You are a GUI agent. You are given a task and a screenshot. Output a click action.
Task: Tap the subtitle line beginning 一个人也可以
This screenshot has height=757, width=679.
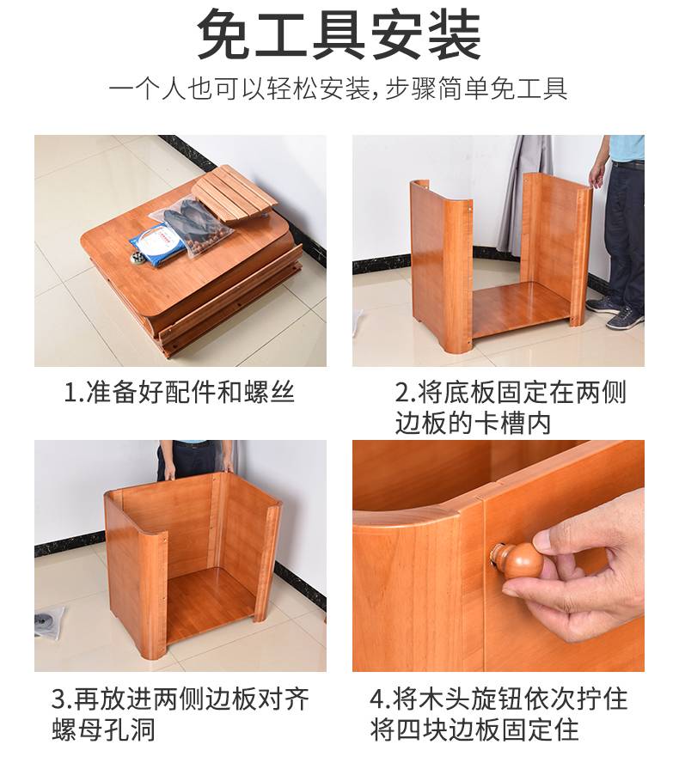click(x=338, y=89)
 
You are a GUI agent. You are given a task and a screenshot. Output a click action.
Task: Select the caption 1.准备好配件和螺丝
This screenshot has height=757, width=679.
click(x=179, y=392)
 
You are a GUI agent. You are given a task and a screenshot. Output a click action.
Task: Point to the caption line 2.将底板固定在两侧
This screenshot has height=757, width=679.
click(x=511, y=392)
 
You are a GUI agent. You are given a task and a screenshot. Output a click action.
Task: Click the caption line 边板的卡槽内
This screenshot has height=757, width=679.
click(x=473, y=424)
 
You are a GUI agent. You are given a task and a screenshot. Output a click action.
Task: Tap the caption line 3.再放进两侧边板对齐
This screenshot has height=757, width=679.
click(x=180, y=699)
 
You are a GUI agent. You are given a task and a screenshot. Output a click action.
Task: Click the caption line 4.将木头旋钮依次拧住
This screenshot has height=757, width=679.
click(x=499, y=699)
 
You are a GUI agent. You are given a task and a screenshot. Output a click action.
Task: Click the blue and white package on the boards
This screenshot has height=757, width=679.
click(x=159, y=240)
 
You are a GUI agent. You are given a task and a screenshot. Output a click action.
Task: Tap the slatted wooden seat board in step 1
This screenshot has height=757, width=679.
click(x=235, y=193)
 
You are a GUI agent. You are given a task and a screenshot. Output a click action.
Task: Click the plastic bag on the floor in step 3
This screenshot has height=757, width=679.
click(x=49, y=620)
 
